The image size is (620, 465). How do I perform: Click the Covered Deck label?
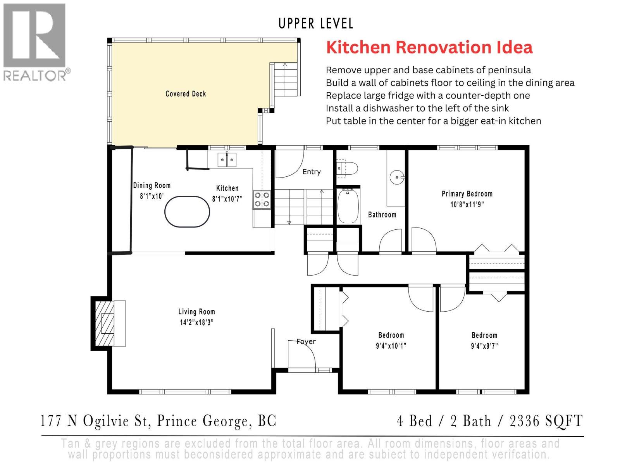tap(186, 94)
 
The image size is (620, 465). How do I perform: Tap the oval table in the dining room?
tap(187, 212)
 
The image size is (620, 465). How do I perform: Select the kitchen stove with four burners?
tap(262, 200)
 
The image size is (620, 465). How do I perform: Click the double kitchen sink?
tap(227, 160)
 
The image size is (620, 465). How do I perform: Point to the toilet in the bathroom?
tap(348, 169)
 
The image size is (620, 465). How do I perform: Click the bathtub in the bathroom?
tap(348, 205)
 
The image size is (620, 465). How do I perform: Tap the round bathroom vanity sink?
tap(397, 177)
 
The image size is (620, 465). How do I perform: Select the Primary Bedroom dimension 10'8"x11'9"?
tap(467, 205)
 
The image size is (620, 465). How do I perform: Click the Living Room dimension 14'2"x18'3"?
tap(196, 322)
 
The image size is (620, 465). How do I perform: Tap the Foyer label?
tap(306, 341)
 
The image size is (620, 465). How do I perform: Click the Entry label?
tap(312, 172)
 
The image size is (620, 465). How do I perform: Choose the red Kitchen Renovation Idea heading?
tap(429, 47)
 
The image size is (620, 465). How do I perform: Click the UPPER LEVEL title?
tap(316, 24)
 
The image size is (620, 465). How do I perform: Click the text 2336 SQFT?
tap(546, 421)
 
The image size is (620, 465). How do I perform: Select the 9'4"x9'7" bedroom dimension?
tap(484, 346)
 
